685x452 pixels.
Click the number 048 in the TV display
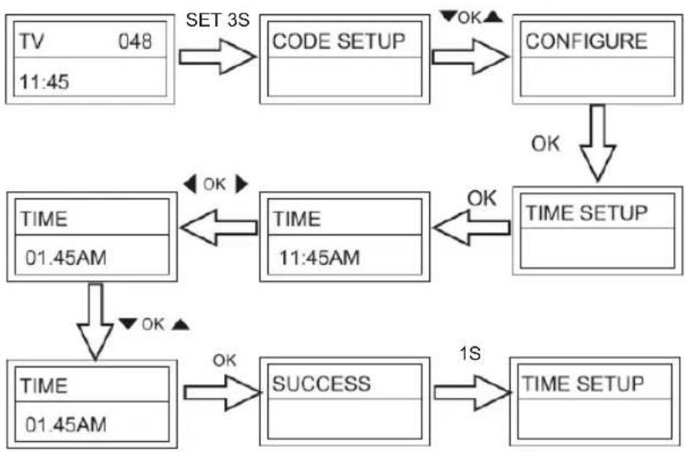(x=135, y=41)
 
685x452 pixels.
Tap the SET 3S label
(x=218, y=19)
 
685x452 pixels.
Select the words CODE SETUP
(x=339, y=41)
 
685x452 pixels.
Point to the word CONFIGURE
(x=586, y=41)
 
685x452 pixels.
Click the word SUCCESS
(x=322, y=384)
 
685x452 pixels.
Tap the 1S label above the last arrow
(x=470, y=353)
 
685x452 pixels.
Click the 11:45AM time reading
(x=319, y=257)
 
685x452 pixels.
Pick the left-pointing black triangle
(x=190, y=184)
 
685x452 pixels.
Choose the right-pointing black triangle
(x=241, y=184)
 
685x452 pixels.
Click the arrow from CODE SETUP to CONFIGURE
(x=470, y=57)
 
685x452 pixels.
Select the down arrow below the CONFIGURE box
(x=597, y=143)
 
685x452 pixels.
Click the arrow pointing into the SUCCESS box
(x=222, y=393)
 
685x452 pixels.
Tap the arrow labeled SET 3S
(x=217, y=57)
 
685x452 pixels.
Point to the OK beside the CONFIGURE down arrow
(x=545, y=143)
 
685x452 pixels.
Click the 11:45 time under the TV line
(x=44, y=81)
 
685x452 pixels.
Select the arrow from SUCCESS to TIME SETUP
(x=472, y=393)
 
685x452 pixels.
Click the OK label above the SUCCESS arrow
(x=224, y=361)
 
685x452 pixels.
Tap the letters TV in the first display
(x=31, y=41)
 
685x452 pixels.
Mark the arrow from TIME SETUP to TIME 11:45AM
(x=472, y=228)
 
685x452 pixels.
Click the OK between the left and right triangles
(x=214, y=185)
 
